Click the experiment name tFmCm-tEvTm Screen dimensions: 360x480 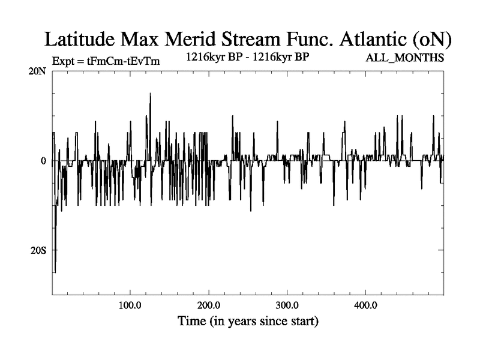point(124,60)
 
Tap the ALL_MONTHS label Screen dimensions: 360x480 point(406,58)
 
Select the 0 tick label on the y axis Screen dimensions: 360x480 point(43,161)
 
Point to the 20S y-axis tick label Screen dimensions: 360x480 point(38,250)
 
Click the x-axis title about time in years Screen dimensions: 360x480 point(248,321)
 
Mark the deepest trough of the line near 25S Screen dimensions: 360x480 point(55,271)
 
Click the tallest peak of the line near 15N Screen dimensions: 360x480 point(150,94)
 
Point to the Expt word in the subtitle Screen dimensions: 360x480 point(63,60)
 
